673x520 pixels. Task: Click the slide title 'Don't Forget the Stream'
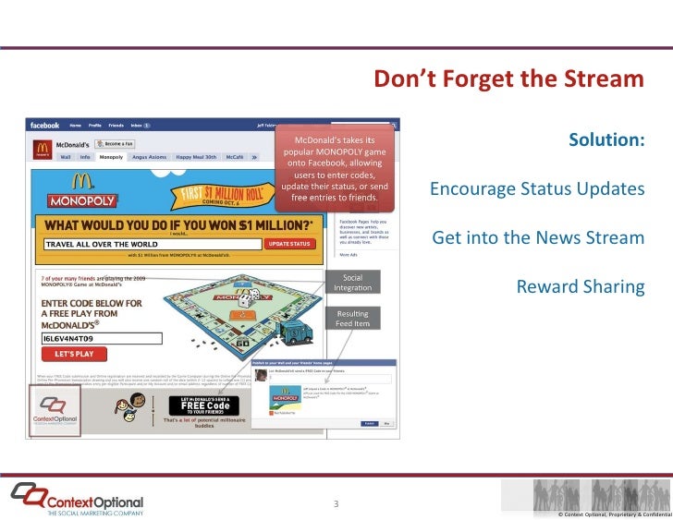(x=508, y=79)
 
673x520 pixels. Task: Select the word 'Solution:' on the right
(x=606, y=140)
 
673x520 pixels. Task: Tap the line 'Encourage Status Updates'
(x=536, y=189)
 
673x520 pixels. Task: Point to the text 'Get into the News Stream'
(x=538, y=238)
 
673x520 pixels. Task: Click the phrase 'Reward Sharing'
(x=580, y=286)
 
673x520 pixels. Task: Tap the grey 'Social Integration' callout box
(x=352, y=283)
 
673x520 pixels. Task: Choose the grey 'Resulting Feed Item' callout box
(x=352, y=319)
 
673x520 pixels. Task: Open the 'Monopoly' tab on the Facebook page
(x=111, y=157)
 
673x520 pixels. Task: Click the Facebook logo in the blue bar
(x=44, y=126)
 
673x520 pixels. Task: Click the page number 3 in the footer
(x=336, y=503)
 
